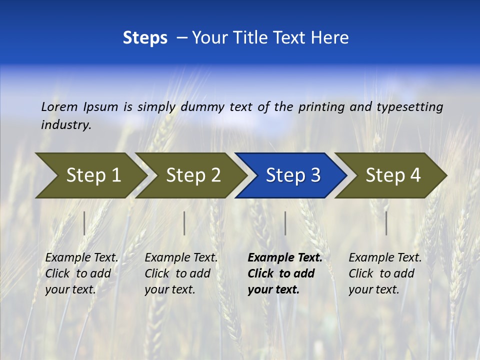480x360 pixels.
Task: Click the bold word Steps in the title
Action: coord(145,38)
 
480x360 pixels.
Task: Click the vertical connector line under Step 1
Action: coord(84,223)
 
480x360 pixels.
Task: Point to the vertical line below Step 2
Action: coord(184,223)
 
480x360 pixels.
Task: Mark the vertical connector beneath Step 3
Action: coord(285,223)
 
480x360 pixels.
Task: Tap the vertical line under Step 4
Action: coord(386,223)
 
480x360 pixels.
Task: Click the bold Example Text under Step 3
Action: coord(285,273)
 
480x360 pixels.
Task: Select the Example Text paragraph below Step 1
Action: coord(81,273)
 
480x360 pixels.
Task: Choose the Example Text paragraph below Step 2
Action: coord(181,273)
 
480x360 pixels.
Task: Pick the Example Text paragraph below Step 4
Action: coord(385,273)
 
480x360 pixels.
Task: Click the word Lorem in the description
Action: coord(59,106)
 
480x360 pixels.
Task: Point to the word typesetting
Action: coord(409,107)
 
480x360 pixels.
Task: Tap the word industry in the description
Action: coord(65,125)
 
